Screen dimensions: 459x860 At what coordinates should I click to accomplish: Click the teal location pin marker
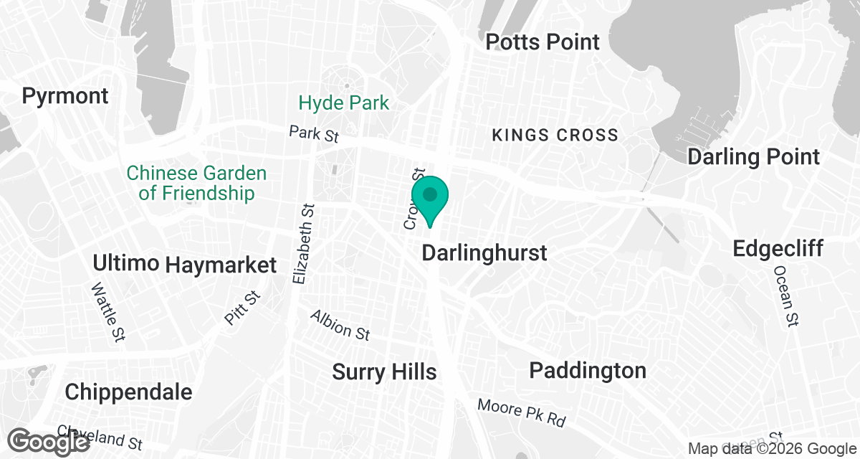430,197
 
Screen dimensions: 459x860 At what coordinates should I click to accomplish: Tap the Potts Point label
542,42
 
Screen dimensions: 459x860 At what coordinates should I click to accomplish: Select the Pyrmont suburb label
65,95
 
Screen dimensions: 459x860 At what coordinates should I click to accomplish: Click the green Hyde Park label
344,103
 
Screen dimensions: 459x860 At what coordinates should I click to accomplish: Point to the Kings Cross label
554,135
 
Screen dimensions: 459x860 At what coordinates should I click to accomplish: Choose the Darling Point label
753,156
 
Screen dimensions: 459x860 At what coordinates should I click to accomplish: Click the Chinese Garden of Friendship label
196,183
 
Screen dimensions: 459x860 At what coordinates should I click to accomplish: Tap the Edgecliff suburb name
778,249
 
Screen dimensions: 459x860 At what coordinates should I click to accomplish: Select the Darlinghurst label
484,252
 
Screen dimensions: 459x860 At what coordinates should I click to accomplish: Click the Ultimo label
125,263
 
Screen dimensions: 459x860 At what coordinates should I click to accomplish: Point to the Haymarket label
221,265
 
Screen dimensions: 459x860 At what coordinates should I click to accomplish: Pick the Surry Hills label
384,372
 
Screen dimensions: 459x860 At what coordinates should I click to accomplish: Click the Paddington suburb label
588,371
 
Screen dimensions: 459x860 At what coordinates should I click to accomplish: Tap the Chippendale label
128,392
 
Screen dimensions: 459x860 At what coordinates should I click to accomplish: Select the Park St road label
314,133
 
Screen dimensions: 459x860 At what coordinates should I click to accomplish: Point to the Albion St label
340,325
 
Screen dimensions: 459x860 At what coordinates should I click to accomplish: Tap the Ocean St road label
785,296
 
